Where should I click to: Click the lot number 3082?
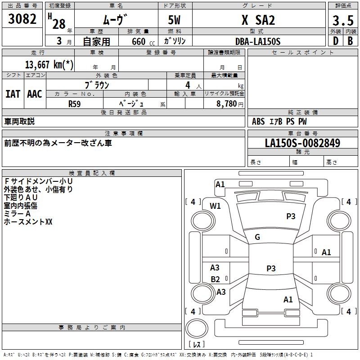pos(22,19)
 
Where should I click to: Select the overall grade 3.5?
pos(343,20)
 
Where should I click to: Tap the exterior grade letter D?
pos(336,41)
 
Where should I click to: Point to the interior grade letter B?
pos(350,41)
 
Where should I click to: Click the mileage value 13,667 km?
pos(49,65)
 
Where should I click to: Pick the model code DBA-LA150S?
pos(258,41)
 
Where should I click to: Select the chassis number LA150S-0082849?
pos(302,143)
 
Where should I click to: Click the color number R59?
pos(75,104)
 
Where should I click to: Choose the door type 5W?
pos(174,20)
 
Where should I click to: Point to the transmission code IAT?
pos(13,94)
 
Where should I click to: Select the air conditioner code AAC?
pos(35,94)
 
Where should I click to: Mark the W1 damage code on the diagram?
pos(215,206)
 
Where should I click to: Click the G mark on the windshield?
pos(257,237)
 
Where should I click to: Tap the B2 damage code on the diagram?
pos(216,279)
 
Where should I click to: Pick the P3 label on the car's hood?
pos(291,216)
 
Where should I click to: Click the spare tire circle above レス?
pos(197,328)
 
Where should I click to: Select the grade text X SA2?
pos(258,20)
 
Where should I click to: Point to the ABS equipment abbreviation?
pos(258,121)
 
